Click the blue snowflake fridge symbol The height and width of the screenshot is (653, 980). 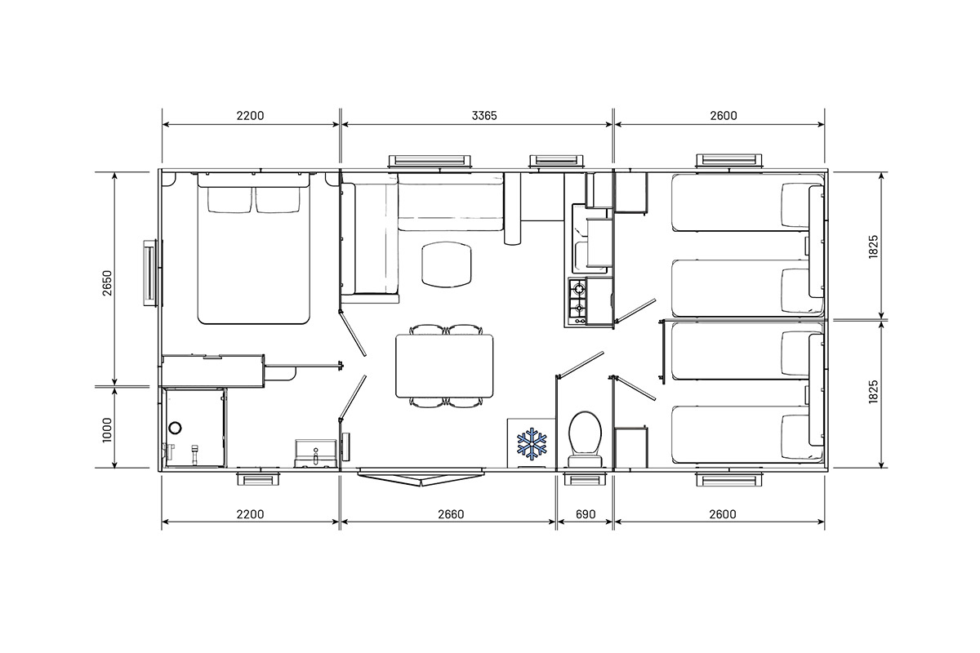[x=532, y=443]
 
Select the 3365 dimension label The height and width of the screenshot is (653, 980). [x=484, y=115]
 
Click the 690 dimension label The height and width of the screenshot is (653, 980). [x=586, y=514]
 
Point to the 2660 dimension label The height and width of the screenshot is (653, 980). [x=451, y=514]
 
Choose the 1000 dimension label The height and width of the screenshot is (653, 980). [x=107, y=430]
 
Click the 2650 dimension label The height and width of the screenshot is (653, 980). [x=107, y=283]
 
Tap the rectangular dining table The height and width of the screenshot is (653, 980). [x=444, y=366]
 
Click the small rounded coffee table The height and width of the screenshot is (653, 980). [x=447, y=265]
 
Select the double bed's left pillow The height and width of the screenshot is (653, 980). [x=229, y=199]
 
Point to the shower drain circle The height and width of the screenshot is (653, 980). [x=176, y=428]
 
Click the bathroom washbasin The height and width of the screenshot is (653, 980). [x=315, y=454]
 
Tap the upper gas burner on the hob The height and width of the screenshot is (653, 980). [x=579, y=289]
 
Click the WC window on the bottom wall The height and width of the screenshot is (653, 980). [x=585, y=478]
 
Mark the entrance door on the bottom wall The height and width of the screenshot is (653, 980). [x=421, y=477]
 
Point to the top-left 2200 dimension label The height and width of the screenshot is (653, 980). [x=250, y=115]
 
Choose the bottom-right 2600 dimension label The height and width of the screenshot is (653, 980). [x=723, y=514]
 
